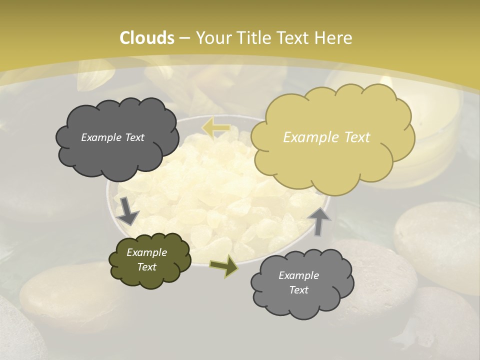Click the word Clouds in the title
pos(147,38)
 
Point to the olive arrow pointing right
pos(224,266)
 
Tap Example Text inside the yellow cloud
pos(326,137)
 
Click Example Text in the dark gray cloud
pos(112,137)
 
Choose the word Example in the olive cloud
pos(146,252)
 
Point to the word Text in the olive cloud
pos(147,267)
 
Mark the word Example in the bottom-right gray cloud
pos(298,275)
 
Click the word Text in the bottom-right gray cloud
pos(298,290)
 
